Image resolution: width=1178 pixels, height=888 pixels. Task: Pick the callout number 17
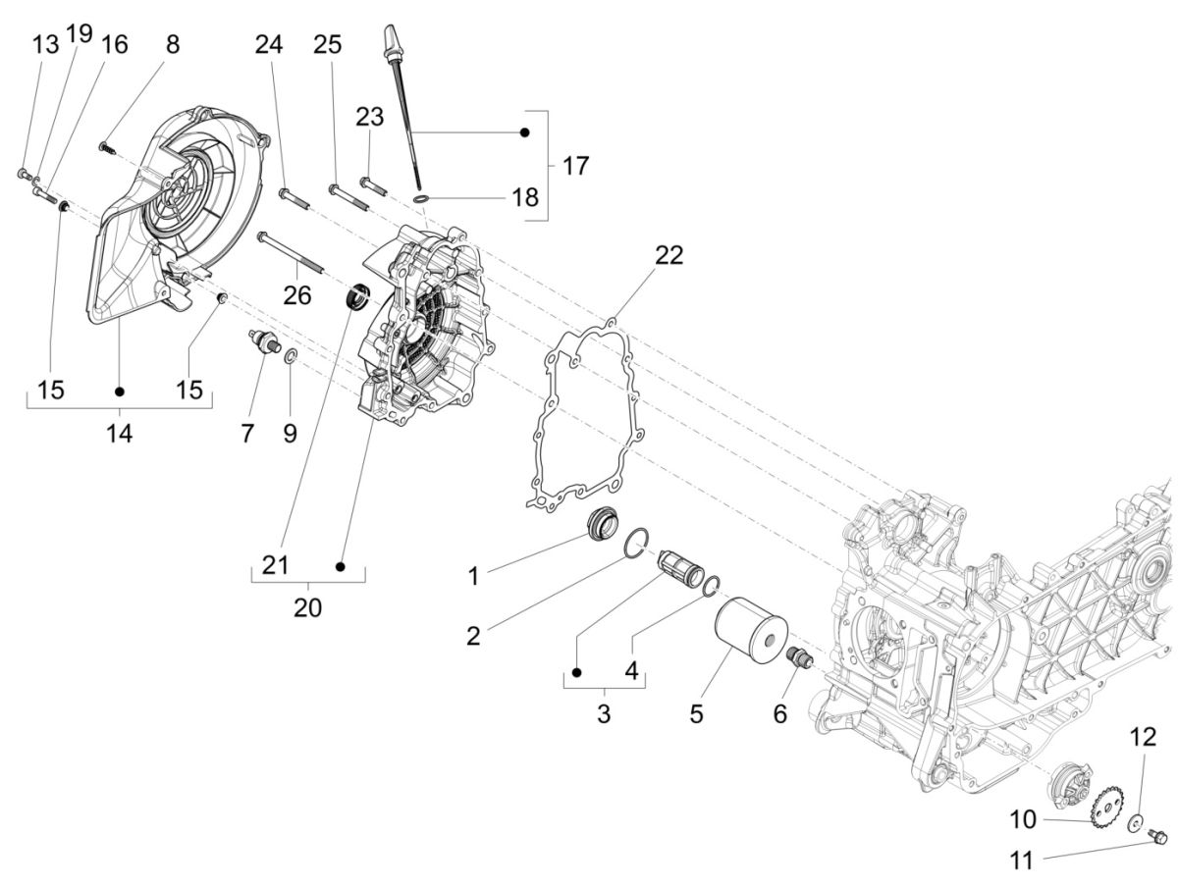(x=575, y=166)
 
